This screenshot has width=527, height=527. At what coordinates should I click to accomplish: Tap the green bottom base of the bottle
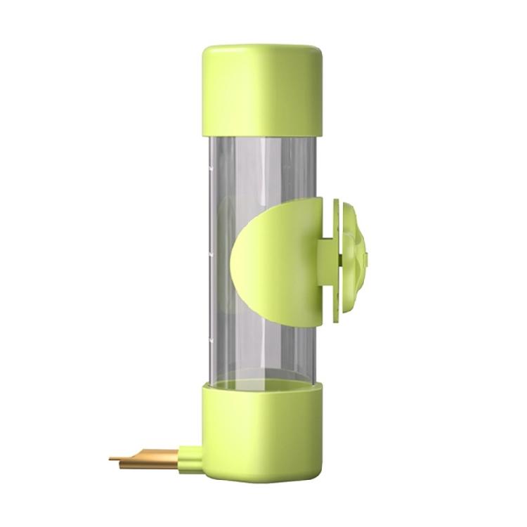coord(263,432)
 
